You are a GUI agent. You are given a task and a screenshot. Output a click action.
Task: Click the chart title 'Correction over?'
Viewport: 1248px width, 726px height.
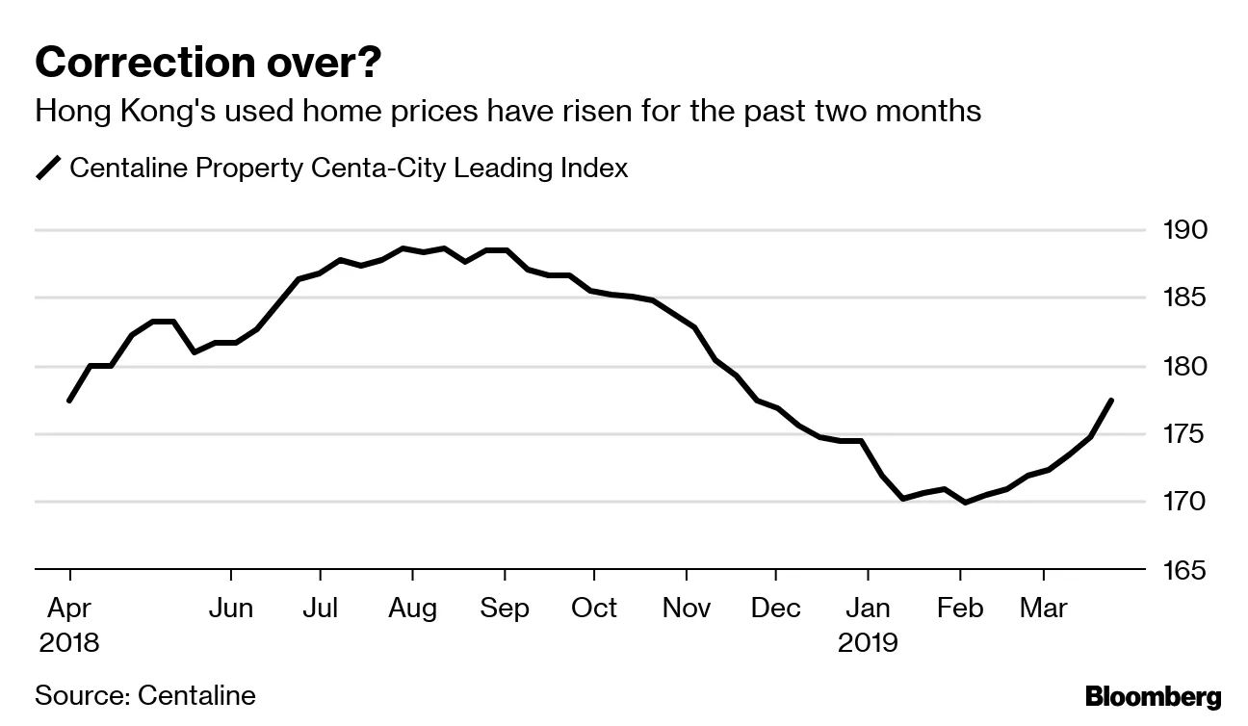207,64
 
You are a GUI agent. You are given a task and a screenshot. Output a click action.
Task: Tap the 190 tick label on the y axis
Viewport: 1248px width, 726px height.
1184,231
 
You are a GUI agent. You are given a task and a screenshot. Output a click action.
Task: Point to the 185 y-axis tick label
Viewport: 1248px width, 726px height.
1184,298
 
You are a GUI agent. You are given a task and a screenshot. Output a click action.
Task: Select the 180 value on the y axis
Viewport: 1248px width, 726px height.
1184,367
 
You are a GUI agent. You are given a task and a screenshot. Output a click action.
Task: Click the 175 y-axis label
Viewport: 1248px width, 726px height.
1184,434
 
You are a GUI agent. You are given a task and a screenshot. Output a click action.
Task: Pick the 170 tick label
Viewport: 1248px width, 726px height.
1184,502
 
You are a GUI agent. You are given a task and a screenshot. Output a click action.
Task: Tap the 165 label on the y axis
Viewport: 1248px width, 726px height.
1184,570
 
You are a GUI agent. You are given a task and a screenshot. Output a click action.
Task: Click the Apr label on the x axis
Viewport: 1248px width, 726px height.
69,609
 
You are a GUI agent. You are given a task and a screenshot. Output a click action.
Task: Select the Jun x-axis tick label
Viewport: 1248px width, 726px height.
231,609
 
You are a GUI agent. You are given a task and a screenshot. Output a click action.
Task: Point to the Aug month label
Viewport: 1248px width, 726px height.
412,609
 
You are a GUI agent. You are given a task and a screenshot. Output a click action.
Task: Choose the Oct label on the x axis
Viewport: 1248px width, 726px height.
594,609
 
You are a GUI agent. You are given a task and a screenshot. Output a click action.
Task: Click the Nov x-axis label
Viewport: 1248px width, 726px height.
687,609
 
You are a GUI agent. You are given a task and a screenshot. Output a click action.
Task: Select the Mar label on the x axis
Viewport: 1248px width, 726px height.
1044,609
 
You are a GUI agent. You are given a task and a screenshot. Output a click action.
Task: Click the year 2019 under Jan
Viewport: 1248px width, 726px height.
868,642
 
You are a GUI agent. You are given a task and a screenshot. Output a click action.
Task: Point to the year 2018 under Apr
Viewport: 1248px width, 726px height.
69,642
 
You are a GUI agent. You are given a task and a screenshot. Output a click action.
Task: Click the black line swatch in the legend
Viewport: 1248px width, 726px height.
48,169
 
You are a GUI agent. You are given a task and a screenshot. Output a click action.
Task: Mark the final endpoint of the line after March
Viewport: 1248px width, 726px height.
1112,400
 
